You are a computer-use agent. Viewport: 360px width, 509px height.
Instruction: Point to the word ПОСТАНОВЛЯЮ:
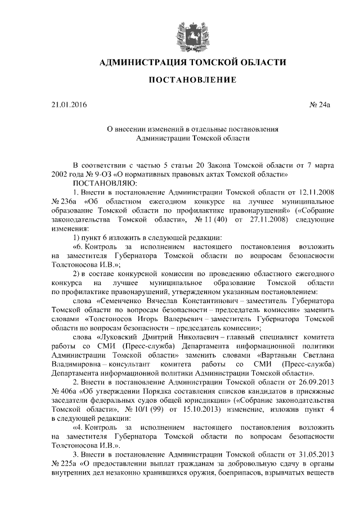(x=101, y=183)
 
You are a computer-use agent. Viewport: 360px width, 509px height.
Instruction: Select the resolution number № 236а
(x=64, y=201)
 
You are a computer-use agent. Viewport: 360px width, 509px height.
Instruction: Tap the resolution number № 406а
(x=64, y=393)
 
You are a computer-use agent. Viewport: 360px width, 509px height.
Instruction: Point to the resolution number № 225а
(x=64, y=465)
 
